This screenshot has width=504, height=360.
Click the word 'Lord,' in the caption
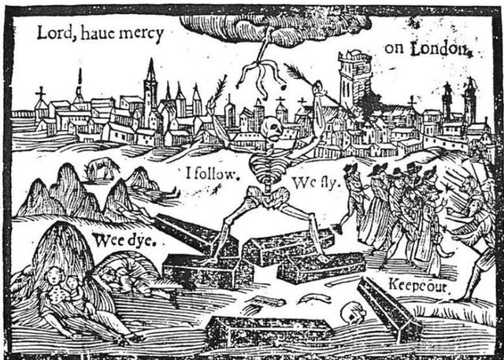click(53, 33)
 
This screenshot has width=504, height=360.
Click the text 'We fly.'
click(314, 183)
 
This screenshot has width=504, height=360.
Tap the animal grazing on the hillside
click(103, 167)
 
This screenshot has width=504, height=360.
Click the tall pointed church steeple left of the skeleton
click(150, 87)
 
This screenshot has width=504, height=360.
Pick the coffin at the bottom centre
click(267, 328)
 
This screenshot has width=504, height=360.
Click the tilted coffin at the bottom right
click(389, 307)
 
